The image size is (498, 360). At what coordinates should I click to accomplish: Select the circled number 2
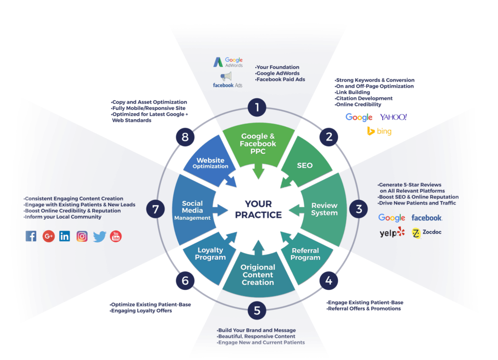tap(329, 137)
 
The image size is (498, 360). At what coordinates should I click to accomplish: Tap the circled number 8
tap(185, 137)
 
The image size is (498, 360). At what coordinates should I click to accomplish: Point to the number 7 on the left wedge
tap(156, 209)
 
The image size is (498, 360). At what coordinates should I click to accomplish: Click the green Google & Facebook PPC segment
tap(257, 144)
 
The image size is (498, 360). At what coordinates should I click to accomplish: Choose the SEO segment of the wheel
tap(305, 165)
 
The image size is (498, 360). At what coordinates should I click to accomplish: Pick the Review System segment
tap(324, 209)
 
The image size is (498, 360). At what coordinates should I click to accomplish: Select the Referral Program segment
tap(305, 254)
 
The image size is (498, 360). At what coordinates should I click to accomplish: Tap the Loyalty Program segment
tap(211, 253)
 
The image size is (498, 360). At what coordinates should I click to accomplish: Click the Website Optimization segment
tap(210, 163)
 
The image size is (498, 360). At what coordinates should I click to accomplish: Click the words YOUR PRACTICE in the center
tap(258, 209)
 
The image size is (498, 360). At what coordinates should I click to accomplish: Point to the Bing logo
tap(379, 131)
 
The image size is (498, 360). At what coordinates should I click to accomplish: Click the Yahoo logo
tap(393, 117)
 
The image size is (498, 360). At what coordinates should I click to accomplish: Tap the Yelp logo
tap(391, 233)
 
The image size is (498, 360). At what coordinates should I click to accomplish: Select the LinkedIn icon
tap(64, 236)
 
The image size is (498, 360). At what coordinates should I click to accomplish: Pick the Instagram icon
tap(82, 236)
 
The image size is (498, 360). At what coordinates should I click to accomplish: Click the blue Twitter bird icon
tap(99, 236)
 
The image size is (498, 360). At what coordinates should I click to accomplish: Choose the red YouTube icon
tap(116, 236)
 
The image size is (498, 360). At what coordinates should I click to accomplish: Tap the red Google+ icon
tap(48, 236)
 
